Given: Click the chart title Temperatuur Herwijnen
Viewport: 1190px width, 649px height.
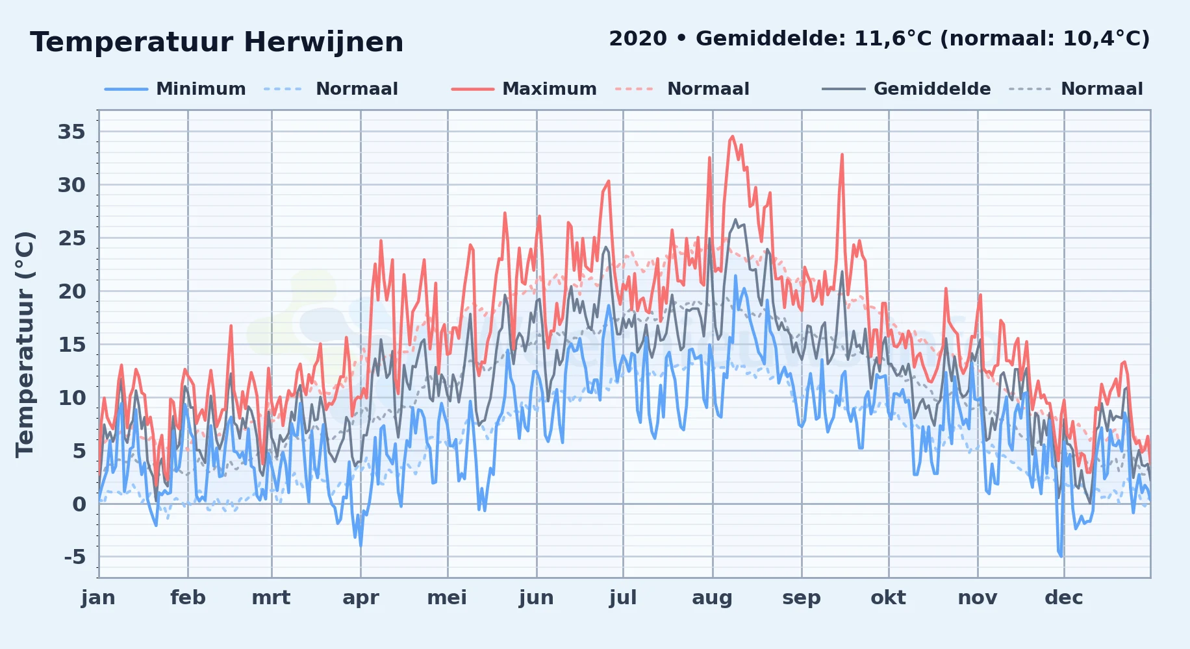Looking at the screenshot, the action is (x=217, y=42).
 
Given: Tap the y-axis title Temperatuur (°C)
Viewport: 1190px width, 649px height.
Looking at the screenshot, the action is (x=25, y=345).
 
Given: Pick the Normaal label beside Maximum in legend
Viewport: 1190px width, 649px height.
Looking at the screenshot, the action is (x=708, y=89).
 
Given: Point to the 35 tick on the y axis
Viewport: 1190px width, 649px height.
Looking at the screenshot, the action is (x=71, y=132).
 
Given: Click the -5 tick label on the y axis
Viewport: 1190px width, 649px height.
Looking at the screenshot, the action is (x=75, y=557).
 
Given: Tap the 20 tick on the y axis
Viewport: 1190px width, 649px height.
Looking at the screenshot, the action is (x=71, y=291).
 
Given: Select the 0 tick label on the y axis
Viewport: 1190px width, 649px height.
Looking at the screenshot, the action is (x=79, y=504).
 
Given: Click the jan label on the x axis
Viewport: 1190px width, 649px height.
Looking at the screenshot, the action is (x=99, y=598).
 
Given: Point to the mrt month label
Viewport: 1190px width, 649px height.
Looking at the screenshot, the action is (x=271, y=598).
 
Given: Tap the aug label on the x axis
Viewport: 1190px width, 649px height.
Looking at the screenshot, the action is (x=712, y=598).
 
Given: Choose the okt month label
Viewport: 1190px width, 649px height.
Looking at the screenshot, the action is (x=888, y=598).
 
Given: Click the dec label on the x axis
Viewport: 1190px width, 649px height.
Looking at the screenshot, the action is (x=1064, y=598).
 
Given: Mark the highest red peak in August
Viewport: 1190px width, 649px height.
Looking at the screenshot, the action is (x=733, y=136).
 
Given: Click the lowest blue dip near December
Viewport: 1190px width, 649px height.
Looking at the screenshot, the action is (x=1061, y=556).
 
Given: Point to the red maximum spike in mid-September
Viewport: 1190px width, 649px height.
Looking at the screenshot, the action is (x=842, y=154).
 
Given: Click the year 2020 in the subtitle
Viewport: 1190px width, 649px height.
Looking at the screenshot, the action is (x=638, y=39).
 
